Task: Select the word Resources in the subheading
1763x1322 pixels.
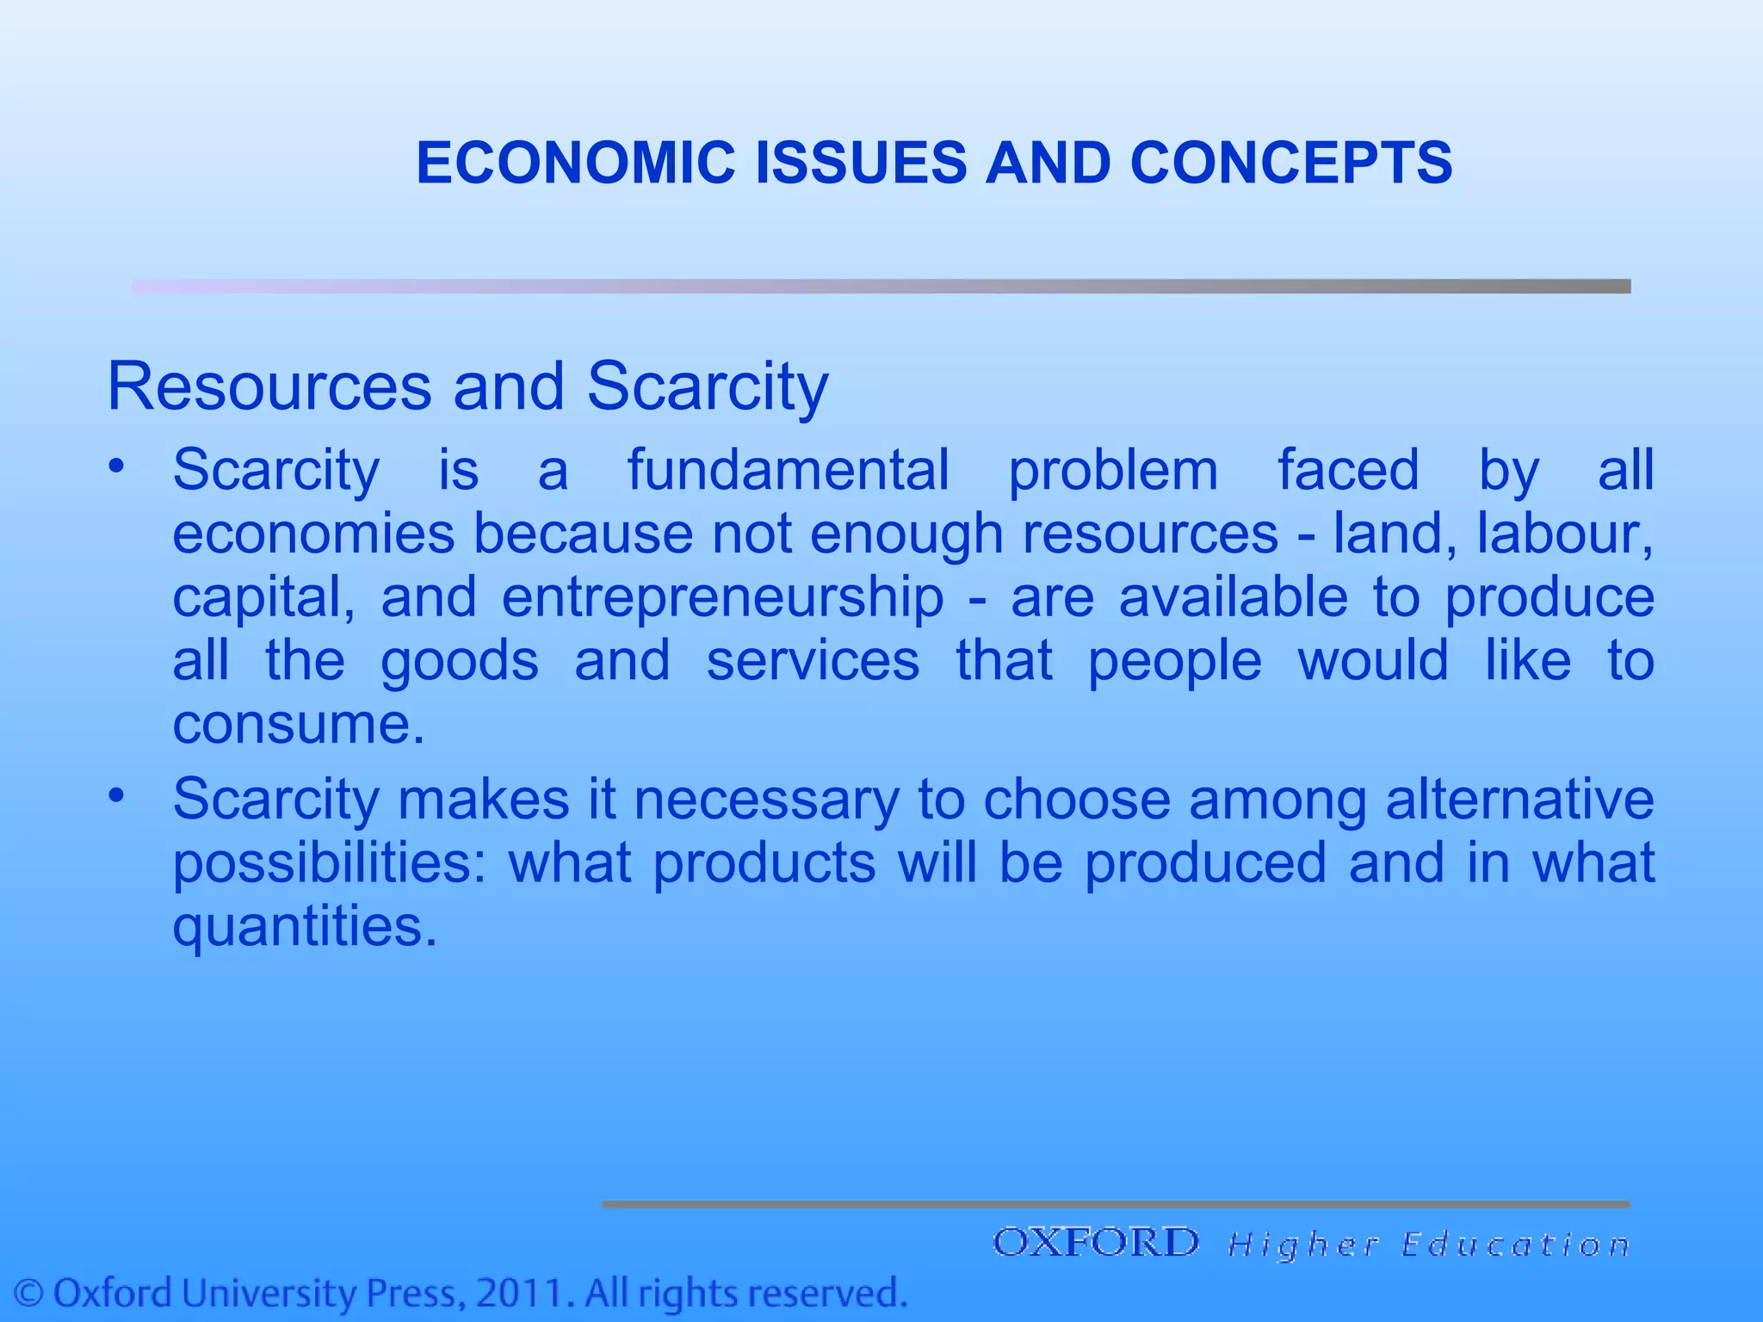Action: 269,387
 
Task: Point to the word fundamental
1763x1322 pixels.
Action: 788,470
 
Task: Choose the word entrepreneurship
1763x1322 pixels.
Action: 723,597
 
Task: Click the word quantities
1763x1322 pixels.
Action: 305,927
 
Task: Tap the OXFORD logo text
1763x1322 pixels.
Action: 1095,1243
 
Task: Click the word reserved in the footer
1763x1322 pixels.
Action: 827,1294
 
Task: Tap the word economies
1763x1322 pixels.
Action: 313,534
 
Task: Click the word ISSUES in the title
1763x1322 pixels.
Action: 861,163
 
